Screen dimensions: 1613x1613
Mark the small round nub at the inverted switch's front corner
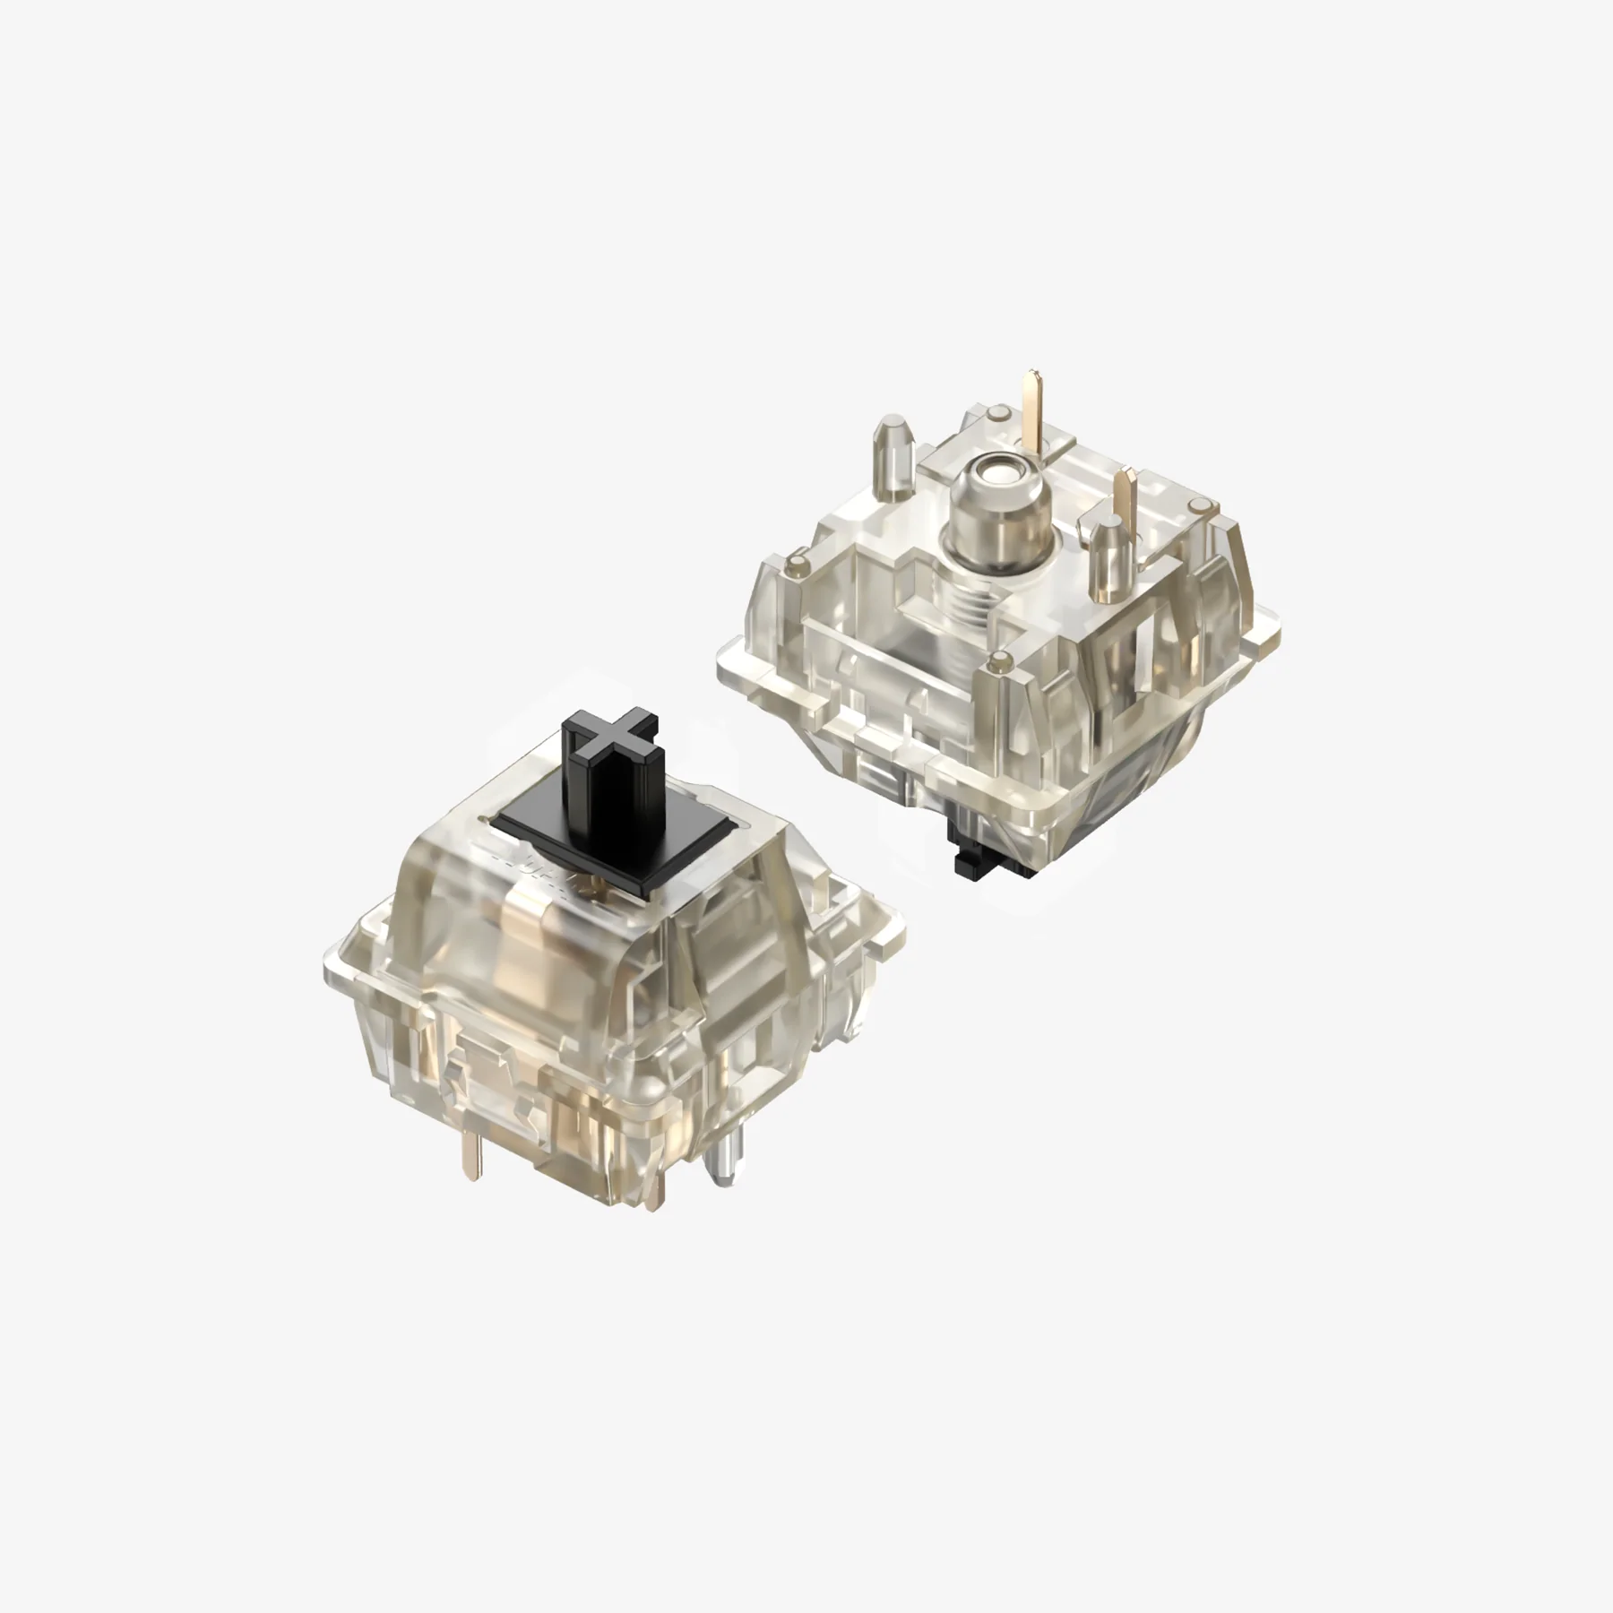(996, 664)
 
